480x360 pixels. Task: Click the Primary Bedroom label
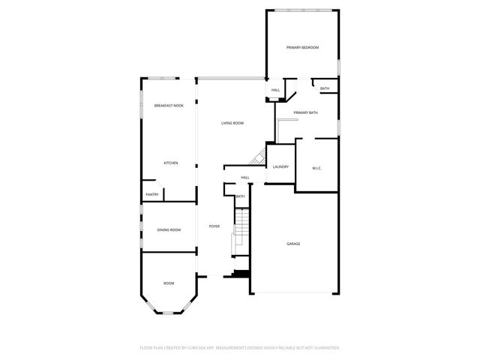click(303, 48)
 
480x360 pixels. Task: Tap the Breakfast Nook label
click(169, 106)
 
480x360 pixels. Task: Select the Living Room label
click(232, 123)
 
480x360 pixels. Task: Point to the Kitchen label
click(171, 163)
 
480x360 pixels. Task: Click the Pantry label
click(151, 194)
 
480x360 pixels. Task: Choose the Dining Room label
click(169, 230)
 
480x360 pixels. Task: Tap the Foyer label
click(214, 226)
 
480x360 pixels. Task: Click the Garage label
click(293, 244)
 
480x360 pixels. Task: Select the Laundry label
click(281, 167)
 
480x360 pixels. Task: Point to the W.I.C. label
click(316, 168)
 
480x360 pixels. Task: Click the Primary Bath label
click(306, 112)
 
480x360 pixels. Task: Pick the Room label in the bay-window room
click(169, 283)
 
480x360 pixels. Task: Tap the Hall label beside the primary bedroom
click(275, 91)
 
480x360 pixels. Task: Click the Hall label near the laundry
click(245, 178)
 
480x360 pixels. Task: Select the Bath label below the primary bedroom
click(325, 88)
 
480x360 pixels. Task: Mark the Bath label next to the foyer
click(240, 196)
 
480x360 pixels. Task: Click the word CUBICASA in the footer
click(198, 348)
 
